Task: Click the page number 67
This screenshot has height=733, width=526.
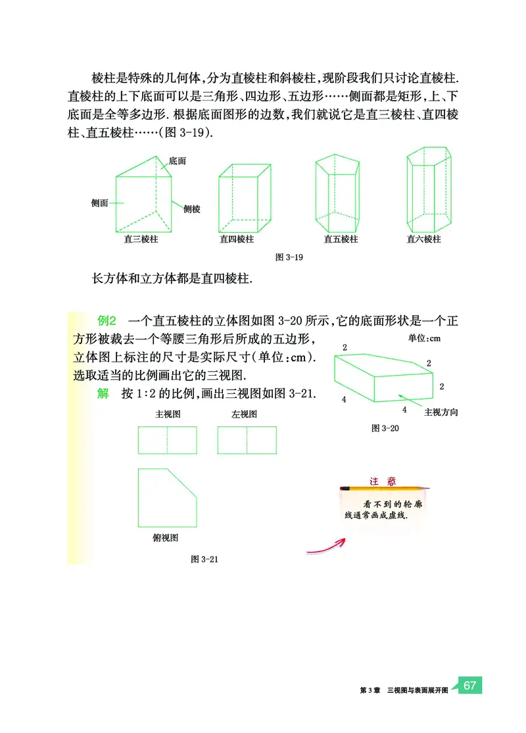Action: point(469,685)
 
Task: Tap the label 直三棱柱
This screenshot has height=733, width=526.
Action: point(141,240)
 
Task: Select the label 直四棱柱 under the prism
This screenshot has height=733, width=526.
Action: point(237,240)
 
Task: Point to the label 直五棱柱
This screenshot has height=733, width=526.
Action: point(341,240)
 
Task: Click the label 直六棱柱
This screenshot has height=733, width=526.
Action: point(424,240)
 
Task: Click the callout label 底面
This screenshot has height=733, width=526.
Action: point(177,161)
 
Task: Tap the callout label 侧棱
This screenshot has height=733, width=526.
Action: point(192,209)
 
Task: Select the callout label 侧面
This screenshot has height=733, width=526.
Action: point(100,203)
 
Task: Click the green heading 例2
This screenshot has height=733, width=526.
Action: point(107,321)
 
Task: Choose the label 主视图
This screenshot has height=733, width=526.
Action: point(168,414)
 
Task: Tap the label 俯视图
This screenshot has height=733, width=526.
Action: point(165,538)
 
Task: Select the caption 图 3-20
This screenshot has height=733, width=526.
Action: point(385,428)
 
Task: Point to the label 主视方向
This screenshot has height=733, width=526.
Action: point(441,413)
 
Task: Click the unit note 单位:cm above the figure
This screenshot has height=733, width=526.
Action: point(424,338)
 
